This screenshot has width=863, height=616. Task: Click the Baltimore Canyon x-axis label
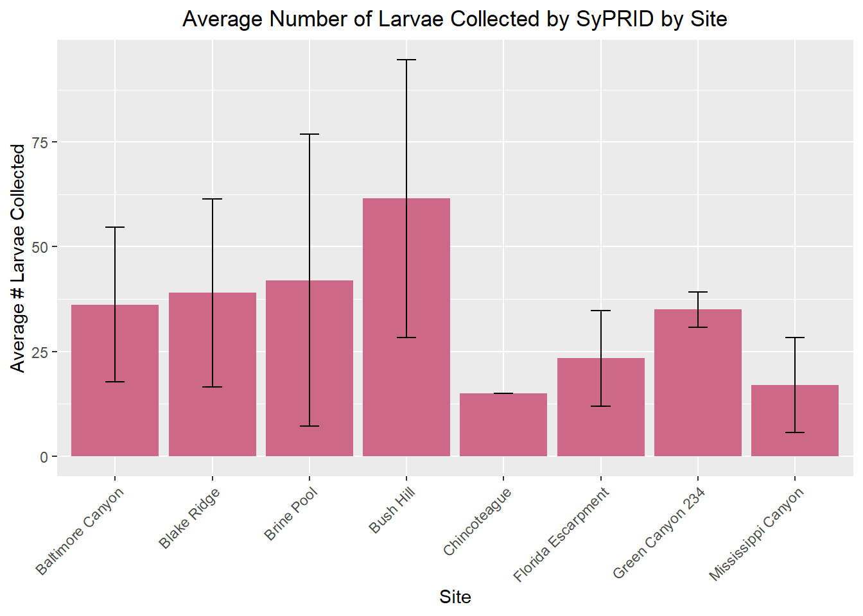80,532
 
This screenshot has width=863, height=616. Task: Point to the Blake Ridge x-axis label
189,518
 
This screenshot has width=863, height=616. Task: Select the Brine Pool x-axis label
291,514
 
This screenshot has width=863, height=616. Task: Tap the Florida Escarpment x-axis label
561,535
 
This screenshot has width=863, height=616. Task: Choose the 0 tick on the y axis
44,457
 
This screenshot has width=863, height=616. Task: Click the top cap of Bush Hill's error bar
406,60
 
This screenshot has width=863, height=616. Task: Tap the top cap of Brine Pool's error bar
309,134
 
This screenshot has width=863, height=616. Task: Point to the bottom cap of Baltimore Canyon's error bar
115,382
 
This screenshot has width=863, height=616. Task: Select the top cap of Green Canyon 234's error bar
698,292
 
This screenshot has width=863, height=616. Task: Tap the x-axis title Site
455,597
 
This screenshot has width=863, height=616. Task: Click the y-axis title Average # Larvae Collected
18,258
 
